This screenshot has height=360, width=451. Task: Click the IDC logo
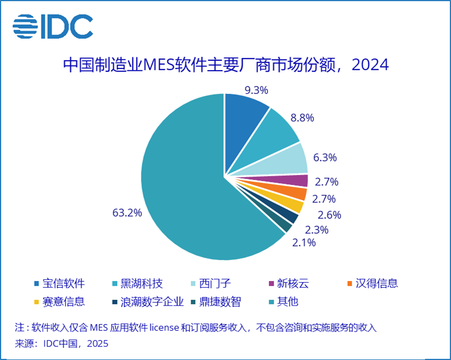(53, 25)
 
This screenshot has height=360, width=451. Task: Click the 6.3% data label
(325, 157)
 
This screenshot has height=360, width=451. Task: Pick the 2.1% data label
(304, 242)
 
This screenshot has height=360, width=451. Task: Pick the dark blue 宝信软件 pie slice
(244, 113)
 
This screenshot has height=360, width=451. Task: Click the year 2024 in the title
(370, 65)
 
